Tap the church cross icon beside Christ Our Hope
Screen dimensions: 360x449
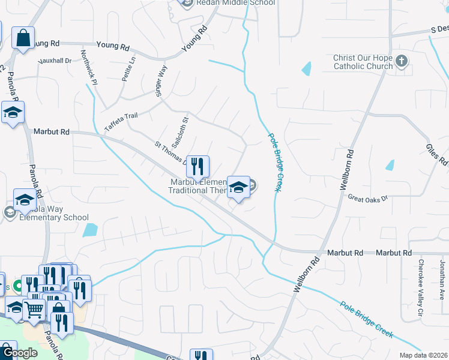point(402,61)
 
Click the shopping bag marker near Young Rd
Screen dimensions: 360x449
point(23,39)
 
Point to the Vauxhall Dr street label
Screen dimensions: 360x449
point(54,61)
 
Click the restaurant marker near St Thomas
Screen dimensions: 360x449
point(197,166)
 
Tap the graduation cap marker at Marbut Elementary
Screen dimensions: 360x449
point(238,187)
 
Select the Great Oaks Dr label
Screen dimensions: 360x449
point(368,197)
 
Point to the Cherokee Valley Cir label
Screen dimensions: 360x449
point(421,280)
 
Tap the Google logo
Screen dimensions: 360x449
point(20,353)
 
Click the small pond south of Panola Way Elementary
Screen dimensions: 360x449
point(90,229)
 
